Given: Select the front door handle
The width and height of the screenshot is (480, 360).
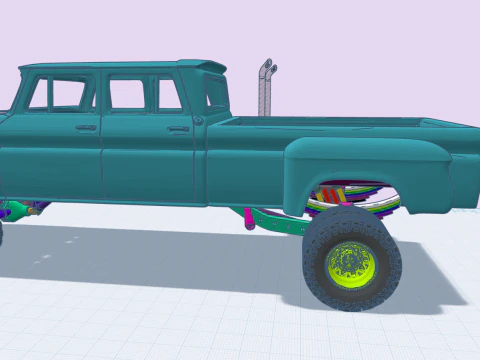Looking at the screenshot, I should point(86,127).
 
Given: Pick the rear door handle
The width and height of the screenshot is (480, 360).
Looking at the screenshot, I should point(178,128).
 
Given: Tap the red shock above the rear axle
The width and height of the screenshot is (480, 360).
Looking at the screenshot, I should point(330,194).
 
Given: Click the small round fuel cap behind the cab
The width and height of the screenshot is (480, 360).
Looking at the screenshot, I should point(198,120).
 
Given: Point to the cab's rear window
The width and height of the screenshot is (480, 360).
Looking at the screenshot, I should point(215,93).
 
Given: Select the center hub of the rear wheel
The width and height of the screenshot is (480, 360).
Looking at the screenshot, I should point(350,262).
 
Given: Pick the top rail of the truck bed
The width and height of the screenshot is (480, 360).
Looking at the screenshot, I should point(340,121).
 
